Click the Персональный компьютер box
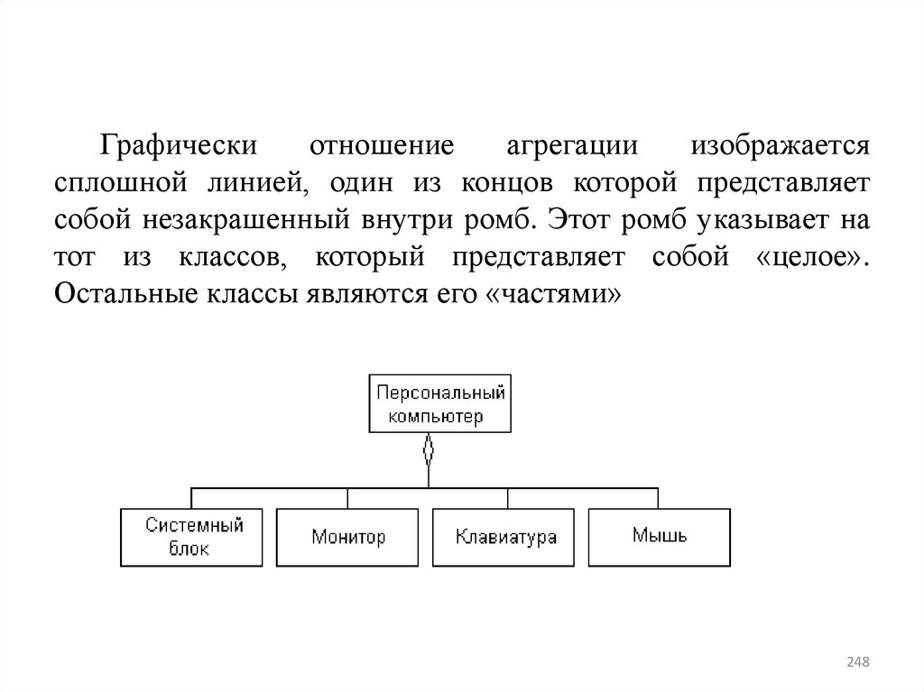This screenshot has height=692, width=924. pyautogui.click(x=439, y=404)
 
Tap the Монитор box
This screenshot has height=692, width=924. pyautogui.click(x=347, y=537)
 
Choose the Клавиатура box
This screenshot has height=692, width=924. pyautogui.click(x=504, y=537)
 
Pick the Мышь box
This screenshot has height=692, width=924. pyautogui.click(x=660, y=537)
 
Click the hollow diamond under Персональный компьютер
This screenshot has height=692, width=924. pyautogui.click(x=428, y=448)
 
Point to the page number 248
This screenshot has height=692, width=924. pyautogui.click(x=857, y=663)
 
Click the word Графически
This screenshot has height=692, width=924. pyautogui.click(x=180, y=145)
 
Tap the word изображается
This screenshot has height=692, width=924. pyautogui.click(x=781, y=145)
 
